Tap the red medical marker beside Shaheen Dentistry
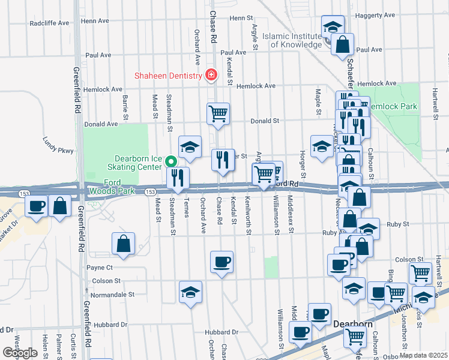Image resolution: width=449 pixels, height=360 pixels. click(x=210, y=75)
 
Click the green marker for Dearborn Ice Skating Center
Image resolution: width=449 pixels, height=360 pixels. click(x=170, y=161)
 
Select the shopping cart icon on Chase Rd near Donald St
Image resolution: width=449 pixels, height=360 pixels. click(x=218, y=112)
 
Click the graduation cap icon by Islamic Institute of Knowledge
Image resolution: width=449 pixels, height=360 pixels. click(x=333, y=26)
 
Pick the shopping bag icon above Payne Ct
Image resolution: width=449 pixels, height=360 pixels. click(x=123, y=244)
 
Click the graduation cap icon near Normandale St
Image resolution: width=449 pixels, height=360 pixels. click(x=191, y=292)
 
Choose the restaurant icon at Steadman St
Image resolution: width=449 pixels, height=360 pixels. click(x=178, y=176)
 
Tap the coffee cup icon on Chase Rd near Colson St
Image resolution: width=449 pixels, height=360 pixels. click(x=221, y=262)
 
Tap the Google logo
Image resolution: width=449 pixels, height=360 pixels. click(x=20, y=353)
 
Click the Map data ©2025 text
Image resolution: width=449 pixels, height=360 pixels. click(x=423, y=355)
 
